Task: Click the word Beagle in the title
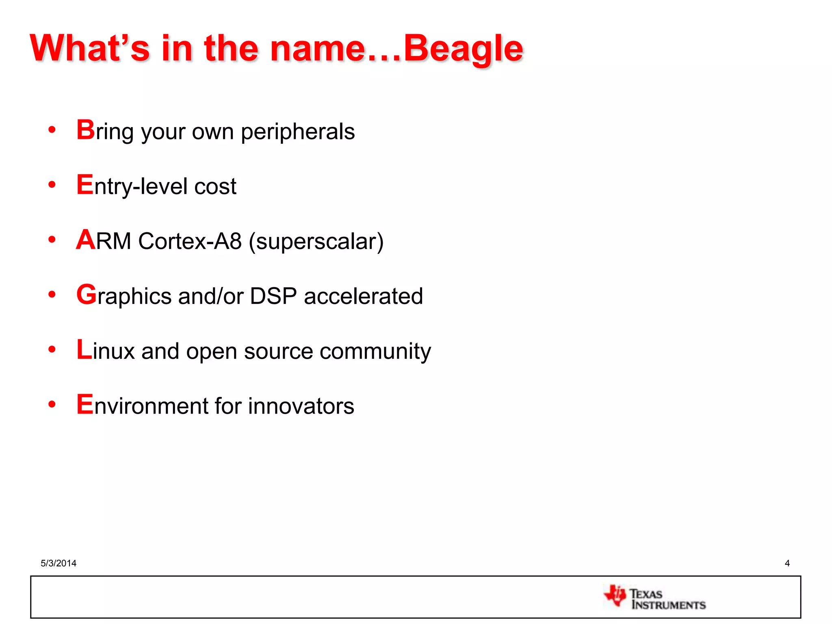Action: (x=463, y=49)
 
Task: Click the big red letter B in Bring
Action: (x=85, y=130)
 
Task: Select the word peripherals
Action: (x=298, y=132)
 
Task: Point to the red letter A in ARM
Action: (x=86, y=240)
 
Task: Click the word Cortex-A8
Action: (x=190, y=241)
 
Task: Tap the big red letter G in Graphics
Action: (x=86, y=295)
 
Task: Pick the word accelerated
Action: (x=363, y=296)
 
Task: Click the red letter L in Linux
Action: (x=84, y=350)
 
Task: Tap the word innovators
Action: (x=301, y=406)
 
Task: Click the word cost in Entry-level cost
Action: (x=215, y=186)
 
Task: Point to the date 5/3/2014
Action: (x=58, y=563)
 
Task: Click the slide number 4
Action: (x=787, y=563)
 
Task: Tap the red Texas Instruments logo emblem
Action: (x=615, y=596)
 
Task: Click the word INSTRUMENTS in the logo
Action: (x=669, y=605)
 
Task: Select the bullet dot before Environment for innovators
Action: (x=52, y=404)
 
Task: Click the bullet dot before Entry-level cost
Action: (x=52, y=185)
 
